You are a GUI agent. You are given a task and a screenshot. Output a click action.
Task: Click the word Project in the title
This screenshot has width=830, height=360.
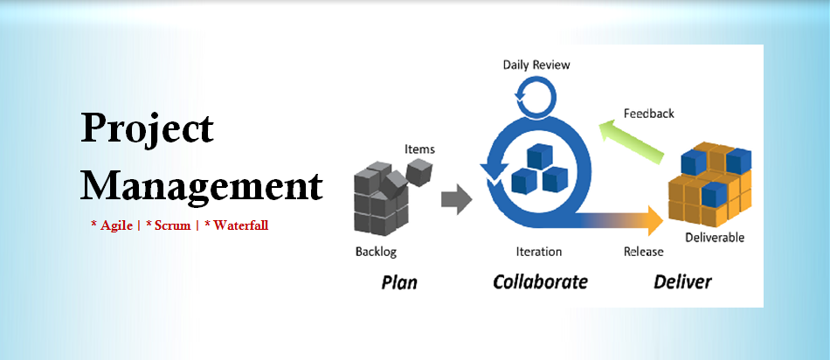point(147,128)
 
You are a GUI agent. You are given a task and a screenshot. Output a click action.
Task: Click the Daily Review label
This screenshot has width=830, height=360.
point(536,66)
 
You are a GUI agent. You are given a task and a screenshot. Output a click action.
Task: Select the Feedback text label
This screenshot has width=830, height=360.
point(649,114)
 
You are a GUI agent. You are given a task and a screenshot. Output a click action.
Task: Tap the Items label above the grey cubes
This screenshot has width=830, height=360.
point(419,149)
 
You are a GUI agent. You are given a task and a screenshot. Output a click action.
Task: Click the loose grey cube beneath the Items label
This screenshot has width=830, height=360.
point(419,171)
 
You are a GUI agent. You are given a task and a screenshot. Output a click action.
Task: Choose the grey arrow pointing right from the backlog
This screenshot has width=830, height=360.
point(456,199)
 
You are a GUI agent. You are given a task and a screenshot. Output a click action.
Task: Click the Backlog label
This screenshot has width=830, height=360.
point(376,251)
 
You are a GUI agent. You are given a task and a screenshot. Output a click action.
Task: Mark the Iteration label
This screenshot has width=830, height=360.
point(539,252)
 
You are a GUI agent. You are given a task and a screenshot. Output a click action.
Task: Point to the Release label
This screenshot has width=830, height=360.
point(643,252)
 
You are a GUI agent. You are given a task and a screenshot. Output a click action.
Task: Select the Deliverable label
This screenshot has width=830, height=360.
point(715,238)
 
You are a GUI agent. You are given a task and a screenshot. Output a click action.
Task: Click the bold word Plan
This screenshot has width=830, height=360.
point(399,282)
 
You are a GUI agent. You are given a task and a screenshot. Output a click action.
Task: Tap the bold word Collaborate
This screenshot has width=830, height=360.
point(540,281)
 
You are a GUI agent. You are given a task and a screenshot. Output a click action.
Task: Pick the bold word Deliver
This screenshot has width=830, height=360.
point(683,281)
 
